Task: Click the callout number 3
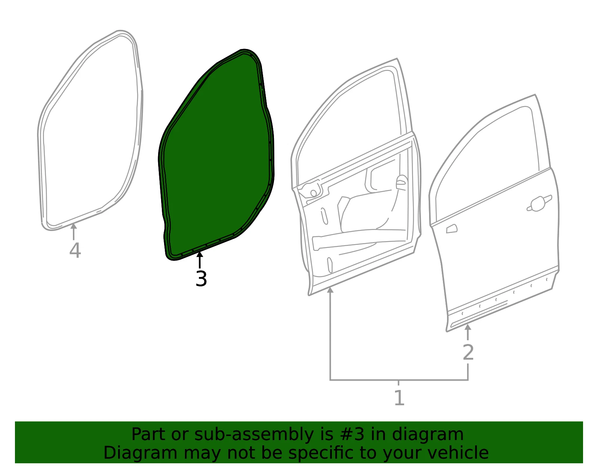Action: (201, 279)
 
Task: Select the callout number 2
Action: (468, 352)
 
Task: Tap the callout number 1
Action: (399, 398)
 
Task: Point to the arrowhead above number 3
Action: (200, 255)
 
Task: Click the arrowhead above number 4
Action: (74, 226)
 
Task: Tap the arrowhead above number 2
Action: (468, 327)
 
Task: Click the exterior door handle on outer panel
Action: (539, 203)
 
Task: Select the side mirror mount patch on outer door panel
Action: (451, 229)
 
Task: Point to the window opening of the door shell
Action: (349, 127)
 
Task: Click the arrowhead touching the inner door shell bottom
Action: (330, 290)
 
